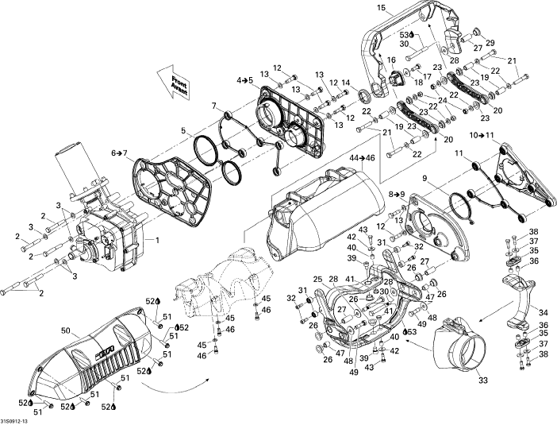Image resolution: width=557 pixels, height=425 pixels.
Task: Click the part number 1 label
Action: click(x=157, y=240)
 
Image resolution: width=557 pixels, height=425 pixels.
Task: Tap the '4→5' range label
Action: click(x=244, y=80)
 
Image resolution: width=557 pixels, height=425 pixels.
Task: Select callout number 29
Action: click(x=490, y=42)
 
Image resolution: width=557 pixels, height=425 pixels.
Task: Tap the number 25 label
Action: click(x=317, y=280)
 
